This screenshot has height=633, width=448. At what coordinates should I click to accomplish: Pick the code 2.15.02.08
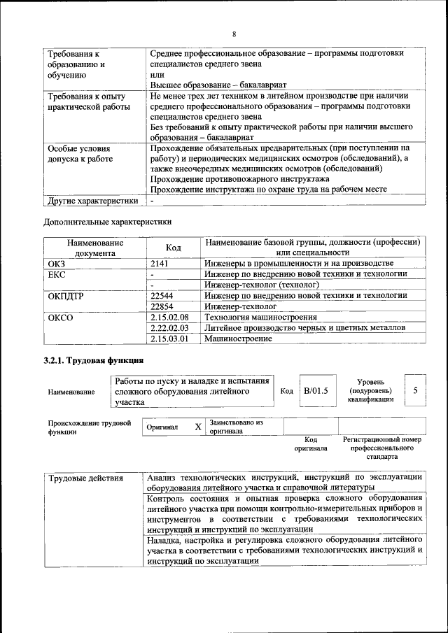point(169,318)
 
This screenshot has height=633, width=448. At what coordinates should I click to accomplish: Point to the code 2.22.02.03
point(169,328)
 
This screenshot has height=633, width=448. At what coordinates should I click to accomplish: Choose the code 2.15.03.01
point(169,339)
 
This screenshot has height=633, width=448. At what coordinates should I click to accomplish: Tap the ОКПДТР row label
point(65,296)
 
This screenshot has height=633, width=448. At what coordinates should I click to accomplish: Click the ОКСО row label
point(59,318)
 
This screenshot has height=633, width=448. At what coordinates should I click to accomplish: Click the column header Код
point(173,248)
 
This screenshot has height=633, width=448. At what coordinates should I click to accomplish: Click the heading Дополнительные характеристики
point(107,222)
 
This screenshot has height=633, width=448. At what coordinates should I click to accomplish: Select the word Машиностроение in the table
point(238,339)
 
